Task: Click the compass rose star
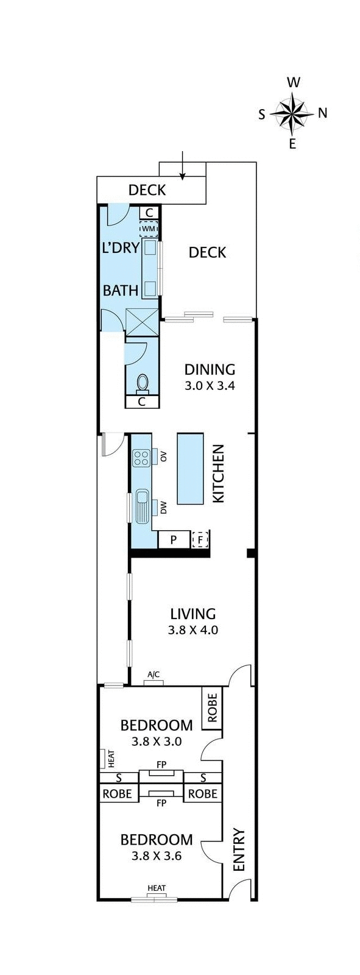coord(292,113)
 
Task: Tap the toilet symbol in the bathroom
coord(143,383)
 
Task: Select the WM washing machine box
coord(149,229)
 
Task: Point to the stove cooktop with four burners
coord(141,457)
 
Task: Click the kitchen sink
coord(142,506)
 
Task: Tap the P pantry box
coord(174,539)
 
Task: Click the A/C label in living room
coord(154,674)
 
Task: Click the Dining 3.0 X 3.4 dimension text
coord(210,386)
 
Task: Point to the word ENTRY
coord(239,849)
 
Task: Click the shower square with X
coord(141,322)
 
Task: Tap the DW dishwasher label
coord(163,505)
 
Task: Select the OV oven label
coord(163,455)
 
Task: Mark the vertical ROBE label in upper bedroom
coord(212,707)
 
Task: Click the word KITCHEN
coord(217,473)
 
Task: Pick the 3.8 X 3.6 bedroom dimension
coord(157,856)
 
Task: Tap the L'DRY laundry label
coord(120,247)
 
